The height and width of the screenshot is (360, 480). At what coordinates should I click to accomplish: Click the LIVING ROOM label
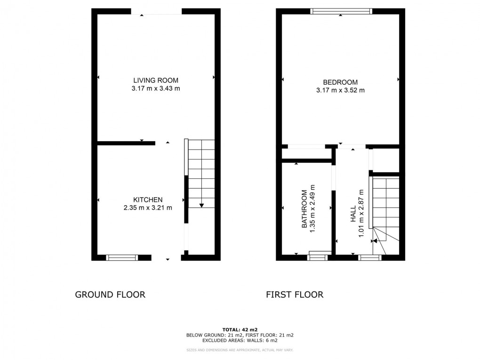pyautogui.click(x=155, y=80)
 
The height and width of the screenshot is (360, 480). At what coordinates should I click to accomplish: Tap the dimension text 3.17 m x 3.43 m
pyautogui.click(x=155, y=89)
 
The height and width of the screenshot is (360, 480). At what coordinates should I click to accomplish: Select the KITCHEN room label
pyautogui.click(x=148, y=200)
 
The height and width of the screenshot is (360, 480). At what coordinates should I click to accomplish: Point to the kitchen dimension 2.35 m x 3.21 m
pyautogui.click(x=148, y=208)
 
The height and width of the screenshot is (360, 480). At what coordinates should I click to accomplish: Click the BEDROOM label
pyautogui.click(x=340, y=82)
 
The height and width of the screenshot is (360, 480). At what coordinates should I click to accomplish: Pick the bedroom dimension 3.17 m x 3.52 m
pyautogui.click(x=340, y=90)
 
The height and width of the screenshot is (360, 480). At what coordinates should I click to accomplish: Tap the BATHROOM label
pyautogui.click(x=304, y=209)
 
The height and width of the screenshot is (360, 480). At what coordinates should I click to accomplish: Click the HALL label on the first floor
pyautogui.click(x=353, y=214)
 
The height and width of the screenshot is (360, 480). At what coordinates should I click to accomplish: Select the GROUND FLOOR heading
pyautogui.click(x=110, y=295)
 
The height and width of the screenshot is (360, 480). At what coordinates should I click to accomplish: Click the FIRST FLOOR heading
pyautogui.click(x=295, y=295)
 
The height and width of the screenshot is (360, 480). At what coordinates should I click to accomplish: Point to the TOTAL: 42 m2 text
pyautogui.click(x=240, y=330)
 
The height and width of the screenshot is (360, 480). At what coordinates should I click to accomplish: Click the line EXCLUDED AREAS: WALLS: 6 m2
pyautogui.click(x=240, y=340)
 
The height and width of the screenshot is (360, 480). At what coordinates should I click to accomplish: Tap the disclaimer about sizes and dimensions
pyautogui.click(x=240, y=350)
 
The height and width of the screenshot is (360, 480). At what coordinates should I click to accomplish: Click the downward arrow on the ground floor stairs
pyautogui.click(x=201, y=205)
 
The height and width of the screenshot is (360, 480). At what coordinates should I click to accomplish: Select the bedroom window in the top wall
pyautogui.click(x=341, y=11)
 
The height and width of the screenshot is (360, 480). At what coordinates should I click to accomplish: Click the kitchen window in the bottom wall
pyautogui.click(x=122, y=258)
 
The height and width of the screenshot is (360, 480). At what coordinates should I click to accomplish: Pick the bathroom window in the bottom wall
pyautogui.click(x=318, y=258)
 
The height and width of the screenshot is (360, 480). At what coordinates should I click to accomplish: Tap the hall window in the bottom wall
pyautogui.click(x=370, y=258)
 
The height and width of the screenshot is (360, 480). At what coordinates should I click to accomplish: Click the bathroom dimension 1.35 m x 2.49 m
pyautogui.click(x=312, y=209)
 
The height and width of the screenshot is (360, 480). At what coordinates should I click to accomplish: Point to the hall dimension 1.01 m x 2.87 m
pyautogui.click(x=361, y=214)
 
